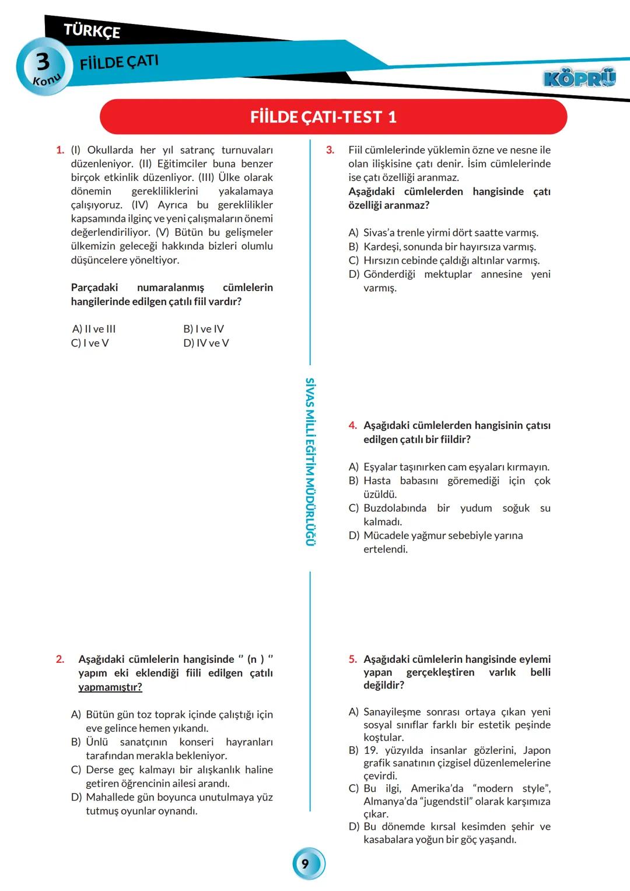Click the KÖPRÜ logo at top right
coord(579,78)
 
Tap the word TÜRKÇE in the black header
coord(92,30)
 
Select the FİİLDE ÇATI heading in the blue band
coord(119,62)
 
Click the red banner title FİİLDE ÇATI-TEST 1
coord(323,117)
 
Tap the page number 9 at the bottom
coord(305,864)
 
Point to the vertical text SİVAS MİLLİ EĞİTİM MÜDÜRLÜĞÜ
coord(310,461)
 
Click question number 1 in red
coord(60,150)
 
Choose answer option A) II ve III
coord(94,329)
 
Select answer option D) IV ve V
coord(206,343)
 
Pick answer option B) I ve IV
coord(204,329)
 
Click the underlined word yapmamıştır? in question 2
coord(110,687)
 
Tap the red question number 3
coord(330,150)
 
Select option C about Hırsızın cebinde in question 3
coord(443,260)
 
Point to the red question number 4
coord(352,425)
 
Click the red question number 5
coord(352,659)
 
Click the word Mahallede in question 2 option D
coord(108,797)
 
